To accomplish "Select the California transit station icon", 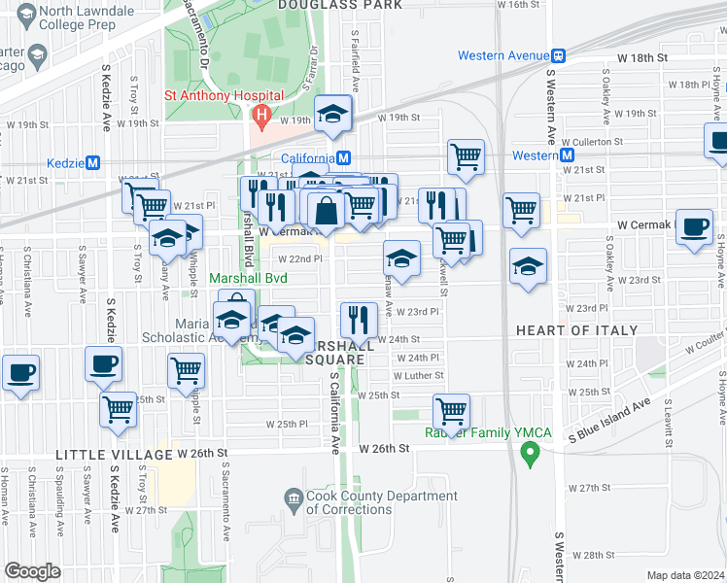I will coord(344,157).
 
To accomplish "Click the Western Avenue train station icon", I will coord(559,56).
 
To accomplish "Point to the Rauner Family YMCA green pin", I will coord(530,452).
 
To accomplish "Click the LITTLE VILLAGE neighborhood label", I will coord(100,454).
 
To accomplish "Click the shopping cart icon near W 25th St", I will coord(451,409).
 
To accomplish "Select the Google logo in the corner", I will coord(33,570).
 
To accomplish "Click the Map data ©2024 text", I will coord(686,575).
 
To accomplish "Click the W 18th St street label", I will coord(650,58).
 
